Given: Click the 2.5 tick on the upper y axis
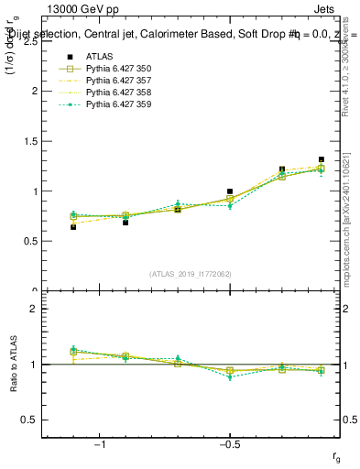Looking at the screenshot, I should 30,41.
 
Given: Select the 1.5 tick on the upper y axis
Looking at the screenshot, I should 30,141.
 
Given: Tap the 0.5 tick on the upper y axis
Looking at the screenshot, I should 30,241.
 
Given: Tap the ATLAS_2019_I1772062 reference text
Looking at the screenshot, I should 191,274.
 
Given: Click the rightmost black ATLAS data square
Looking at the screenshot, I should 321,159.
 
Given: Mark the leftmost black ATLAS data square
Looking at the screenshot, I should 73,226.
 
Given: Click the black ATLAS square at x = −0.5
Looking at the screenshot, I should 230,191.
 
